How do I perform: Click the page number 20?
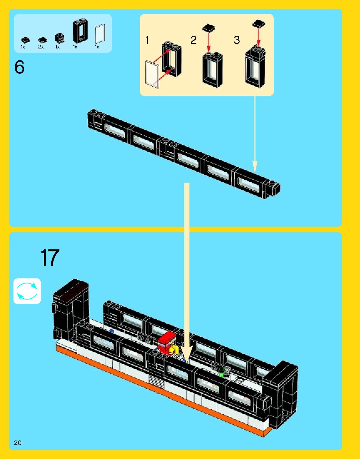tap(18, 442)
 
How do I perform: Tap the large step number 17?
tap(50, 258)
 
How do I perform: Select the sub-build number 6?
tap(19, 67)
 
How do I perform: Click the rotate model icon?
tap(27, 291)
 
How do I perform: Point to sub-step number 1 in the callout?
tap(147, 40)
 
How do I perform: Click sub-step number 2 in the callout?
tap(193, 40)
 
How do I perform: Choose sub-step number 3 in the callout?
tap(237, 40)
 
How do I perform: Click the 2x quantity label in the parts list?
tap(41, 47)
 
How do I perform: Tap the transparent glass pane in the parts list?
tap(100, 34)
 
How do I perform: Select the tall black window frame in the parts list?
tap(80, 31)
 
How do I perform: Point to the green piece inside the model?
tap(222, 372)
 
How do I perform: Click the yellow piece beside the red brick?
tap(174, 349)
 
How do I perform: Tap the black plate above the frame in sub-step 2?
tap(209, 28)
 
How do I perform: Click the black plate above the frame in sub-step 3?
tap(259, 23)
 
